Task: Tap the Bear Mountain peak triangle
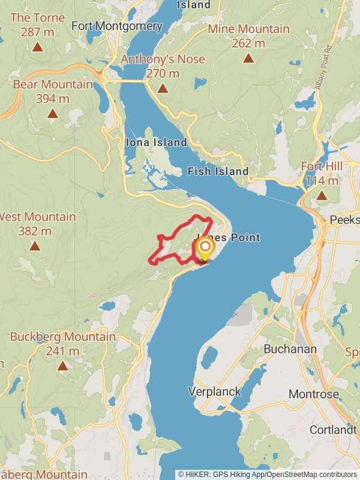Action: (53, 113)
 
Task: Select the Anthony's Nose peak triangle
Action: (163, 89)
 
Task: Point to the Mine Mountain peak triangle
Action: (248, 58)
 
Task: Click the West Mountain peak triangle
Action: (35, 246)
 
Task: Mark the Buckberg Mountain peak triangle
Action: (62, 365)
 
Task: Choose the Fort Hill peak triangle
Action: (322, 195)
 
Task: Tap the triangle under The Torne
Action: (37, 46)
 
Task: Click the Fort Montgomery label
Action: (117, 26)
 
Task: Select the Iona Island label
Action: (157, 143)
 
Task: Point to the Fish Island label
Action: (218, 172)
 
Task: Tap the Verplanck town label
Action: (215, 392)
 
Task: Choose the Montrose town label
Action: (313, 394)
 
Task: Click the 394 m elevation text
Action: (53, 98)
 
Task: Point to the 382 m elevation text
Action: (35, 231)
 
